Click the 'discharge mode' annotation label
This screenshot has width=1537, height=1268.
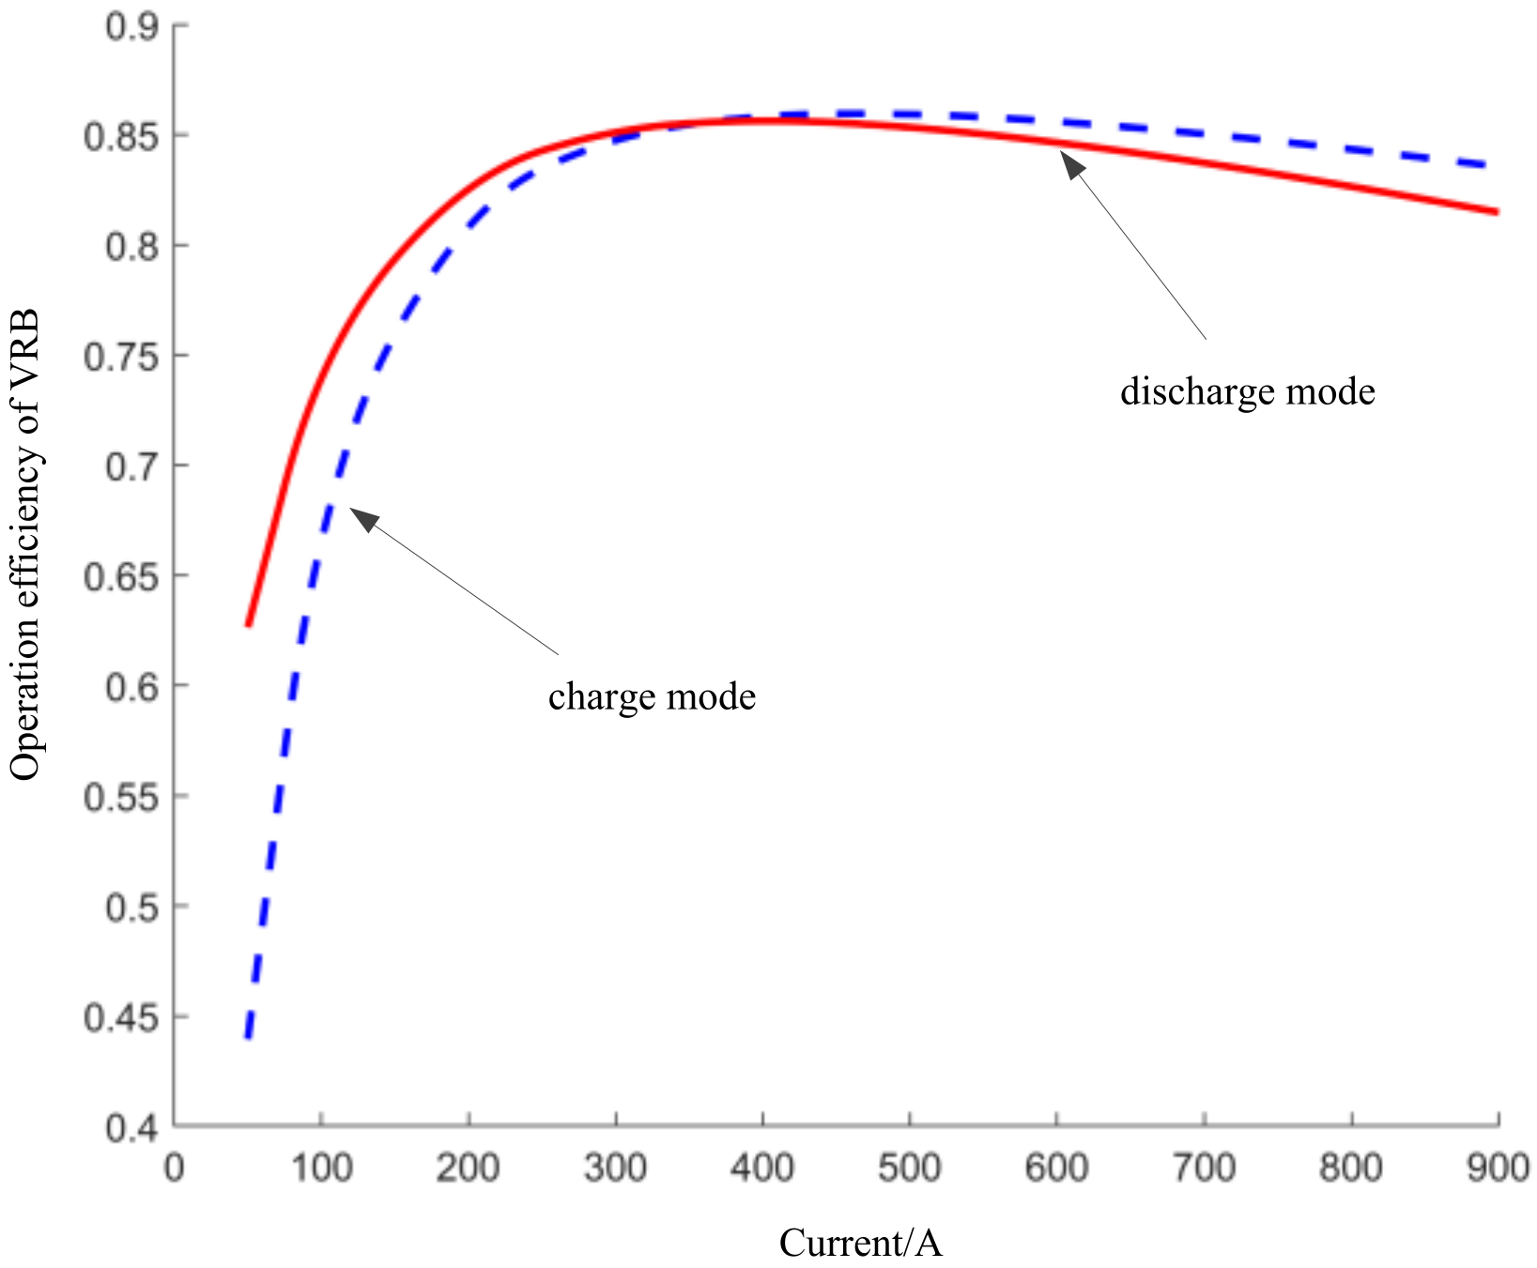[1247, 391]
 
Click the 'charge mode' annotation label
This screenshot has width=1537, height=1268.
[652, 697]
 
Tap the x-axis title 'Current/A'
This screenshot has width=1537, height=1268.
[860, 1243]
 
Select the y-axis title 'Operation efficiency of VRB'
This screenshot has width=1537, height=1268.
[25, 544]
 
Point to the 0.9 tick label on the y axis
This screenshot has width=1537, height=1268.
[131, 26]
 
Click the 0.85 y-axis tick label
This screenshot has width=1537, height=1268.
[121, 137]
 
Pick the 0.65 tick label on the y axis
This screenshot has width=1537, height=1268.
[121, 576]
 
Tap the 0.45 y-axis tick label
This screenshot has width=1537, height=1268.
[121, 1017]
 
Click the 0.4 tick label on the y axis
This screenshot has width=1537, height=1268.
[131, 1127]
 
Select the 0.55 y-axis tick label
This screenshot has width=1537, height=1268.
[121, 797]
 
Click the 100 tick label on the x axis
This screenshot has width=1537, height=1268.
[321, 1169]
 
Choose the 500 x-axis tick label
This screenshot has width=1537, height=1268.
[910, 1169]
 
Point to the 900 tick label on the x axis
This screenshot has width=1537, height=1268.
[1498, 1169]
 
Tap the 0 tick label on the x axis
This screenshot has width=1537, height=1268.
[175, 1169]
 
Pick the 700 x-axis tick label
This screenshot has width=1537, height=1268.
[1204, 1169]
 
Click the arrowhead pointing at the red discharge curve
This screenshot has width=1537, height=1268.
[1071, 163]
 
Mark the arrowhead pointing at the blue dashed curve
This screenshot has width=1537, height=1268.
[361, 517]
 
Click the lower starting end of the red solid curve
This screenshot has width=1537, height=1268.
[249, 624]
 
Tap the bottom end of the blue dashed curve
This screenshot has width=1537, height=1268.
[248, 1036]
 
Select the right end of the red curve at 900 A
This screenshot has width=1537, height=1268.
[1496, 211]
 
